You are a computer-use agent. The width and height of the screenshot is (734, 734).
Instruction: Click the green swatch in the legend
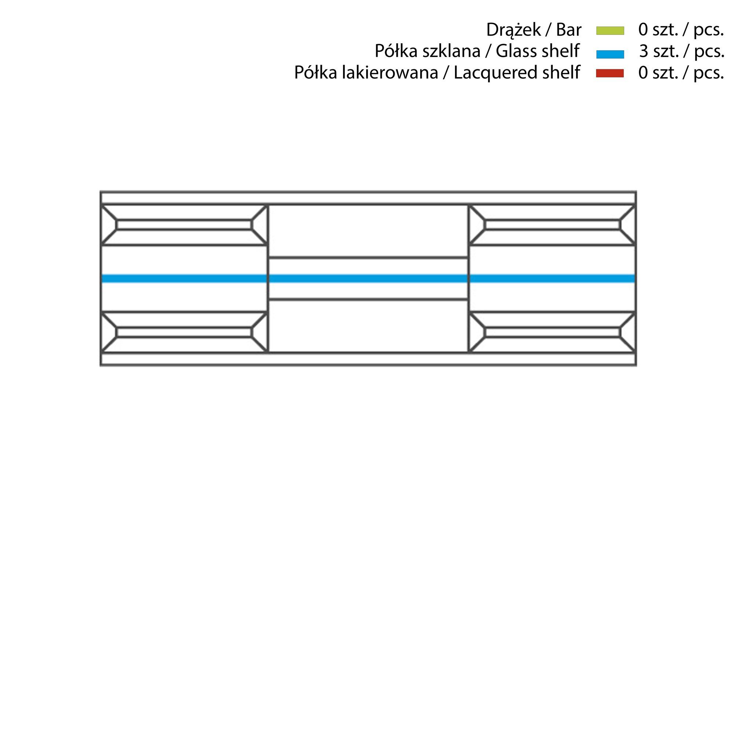610,30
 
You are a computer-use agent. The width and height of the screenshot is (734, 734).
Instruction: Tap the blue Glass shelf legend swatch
610,54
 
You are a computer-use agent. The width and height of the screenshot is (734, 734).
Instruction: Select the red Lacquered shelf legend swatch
610,73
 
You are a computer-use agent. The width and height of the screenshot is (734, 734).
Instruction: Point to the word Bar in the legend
569,30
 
